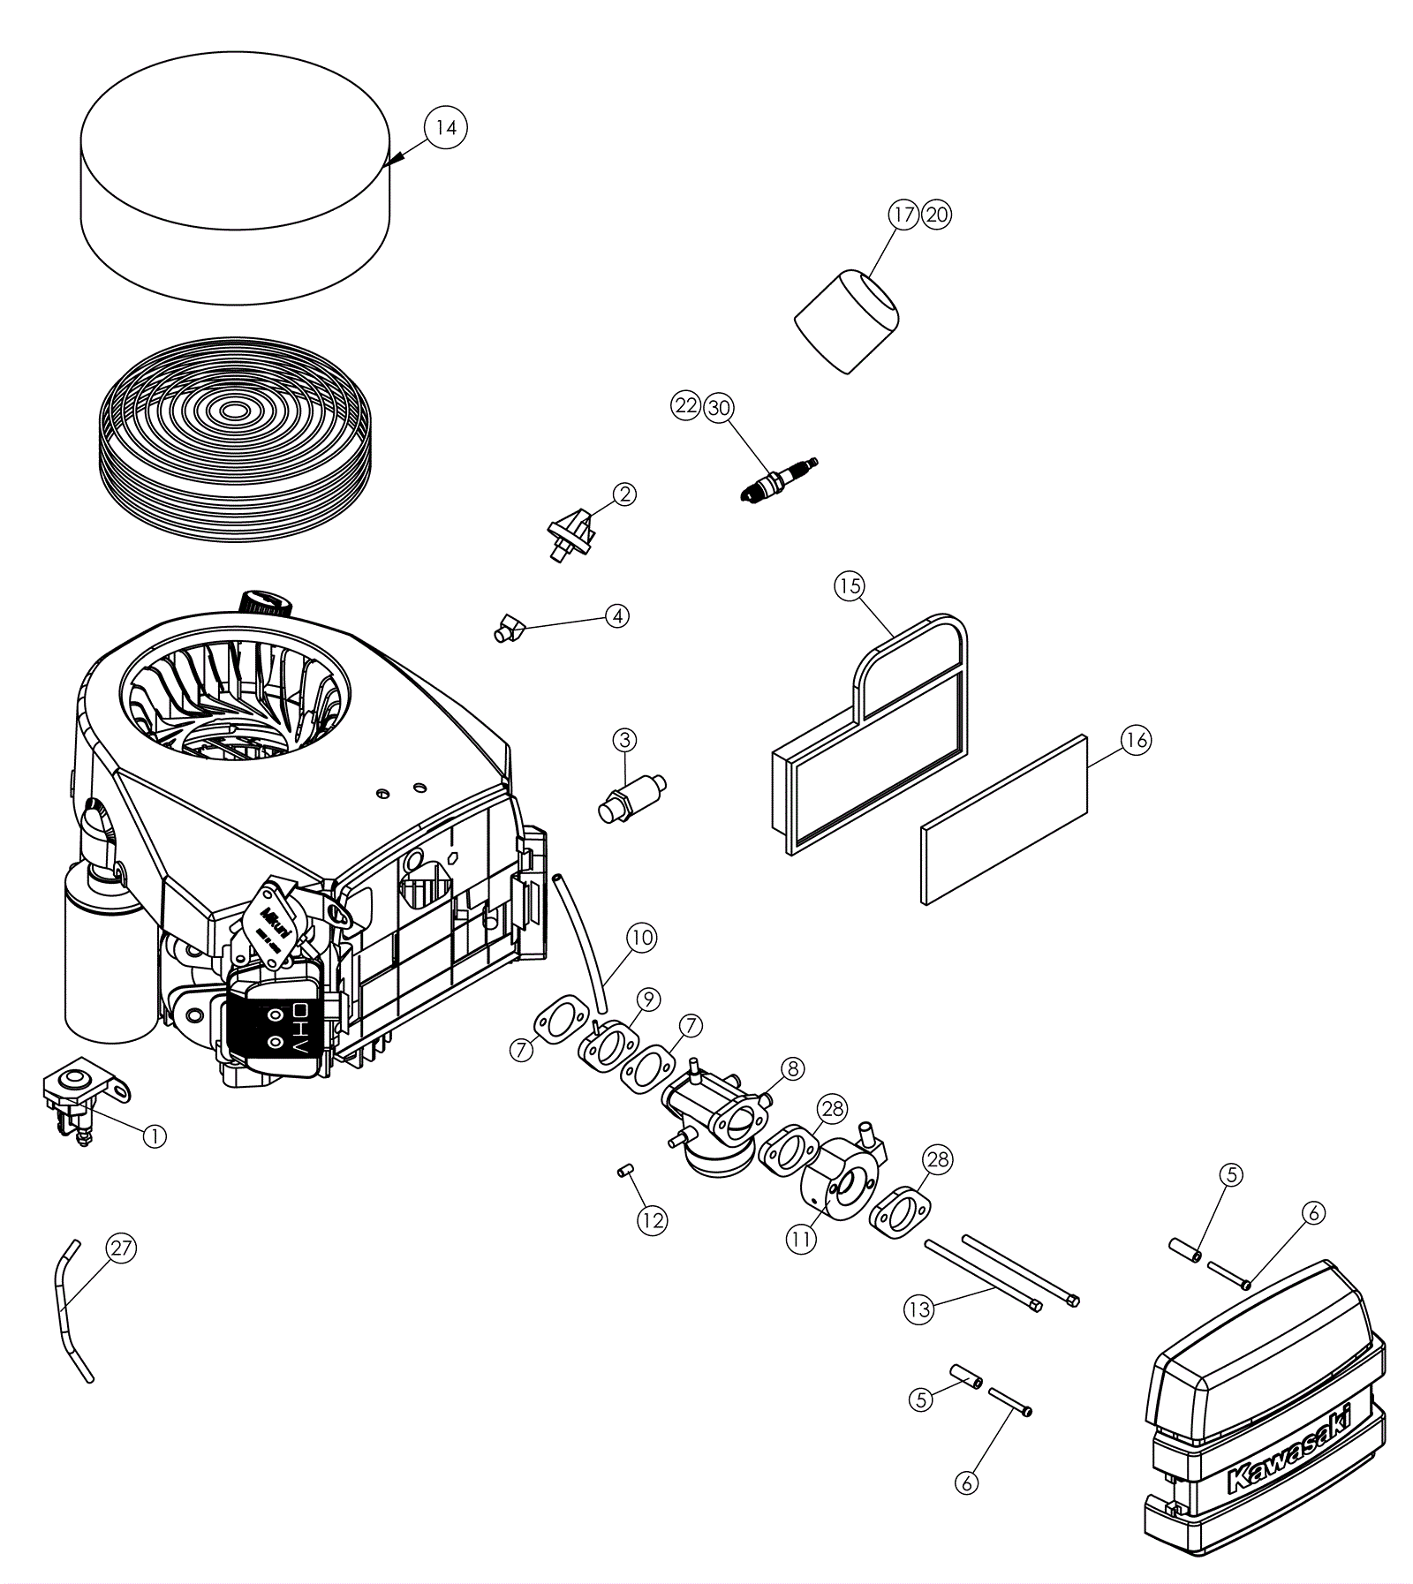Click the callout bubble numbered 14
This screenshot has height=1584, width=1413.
pos(446,127)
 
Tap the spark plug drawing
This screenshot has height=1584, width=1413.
pos(777,479)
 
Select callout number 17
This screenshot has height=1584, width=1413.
pos(903,215)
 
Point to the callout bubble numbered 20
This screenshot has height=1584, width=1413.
pos(936,215)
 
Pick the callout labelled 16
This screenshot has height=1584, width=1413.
pos(1137,740)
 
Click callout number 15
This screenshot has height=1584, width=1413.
pos(850,586)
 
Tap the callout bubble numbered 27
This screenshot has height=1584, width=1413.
pos(121,1248)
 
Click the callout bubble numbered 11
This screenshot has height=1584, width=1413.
pos(800,1239)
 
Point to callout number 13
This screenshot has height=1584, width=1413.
pos(919,1309)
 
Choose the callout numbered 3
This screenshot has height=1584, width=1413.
pos(624,740)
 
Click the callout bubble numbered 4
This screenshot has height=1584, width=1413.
pos(616,615)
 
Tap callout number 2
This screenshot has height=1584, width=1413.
pos(624,494)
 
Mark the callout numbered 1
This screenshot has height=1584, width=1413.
pos(154,1135)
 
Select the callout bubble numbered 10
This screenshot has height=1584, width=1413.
pos(642,937)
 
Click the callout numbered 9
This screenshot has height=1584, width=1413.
pos(648,999)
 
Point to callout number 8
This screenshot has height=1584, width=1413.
pos(792,1068)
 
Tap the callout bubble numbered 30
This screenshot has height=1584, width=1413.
pos(719,407)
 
